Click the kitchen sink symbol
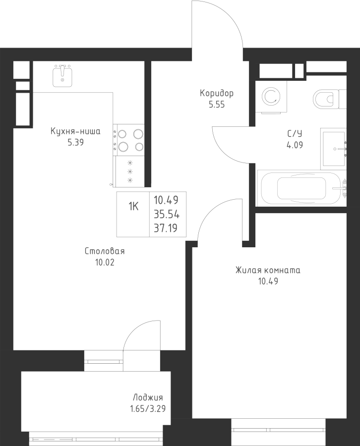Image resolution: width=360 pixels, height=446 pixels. coord(62,76)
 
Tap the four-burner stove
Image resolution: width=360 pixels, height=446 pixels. coord(129,139)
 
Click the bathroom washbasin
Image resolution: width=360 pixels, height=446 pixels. coord(333,148)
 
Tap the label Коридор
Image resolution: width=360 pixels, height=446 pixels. coord(217,93)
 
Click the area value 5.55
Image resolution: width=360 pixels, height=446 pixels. coord(217,105)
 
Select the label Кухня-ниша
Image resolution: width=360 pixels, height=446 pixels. coord(76,132)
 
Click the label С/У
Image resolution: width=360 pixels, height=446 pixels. coord(295,134)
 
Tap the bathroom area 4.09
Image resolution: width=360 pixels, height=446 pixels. coord(295,146)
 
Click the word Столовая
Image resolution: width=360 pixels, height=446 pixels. coord(104,251)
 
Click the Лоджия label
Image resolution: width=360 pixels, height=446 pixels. coord(148,398)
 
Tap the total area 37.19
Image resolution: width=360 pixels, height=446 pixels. coord(167,228)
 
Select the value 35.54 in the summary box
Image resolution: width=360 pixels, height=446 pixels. coord(167,214)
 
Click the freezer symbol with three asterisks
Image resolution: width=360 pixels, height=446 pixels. coord(130,171)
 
